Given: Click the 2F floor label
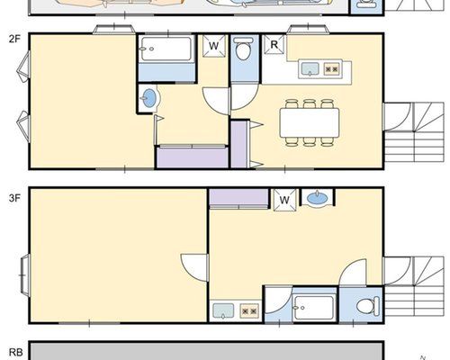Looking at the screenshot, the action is click(14, 39).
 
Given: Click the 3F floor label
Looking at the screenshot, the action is click(14, 198).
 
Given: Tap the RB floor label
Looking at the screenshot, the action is click(16, 352).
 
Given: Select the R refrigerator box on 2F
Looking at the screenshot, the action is click(274, 45).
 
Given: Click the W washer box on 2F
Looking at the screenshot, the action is click(213, 46).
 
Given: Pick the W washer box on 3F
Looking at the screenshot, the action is click(284, 200).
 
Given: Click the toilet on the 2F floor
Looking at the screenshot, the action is click(243, 49).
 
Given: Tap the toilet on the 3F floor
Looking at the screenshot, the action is click(368, 306).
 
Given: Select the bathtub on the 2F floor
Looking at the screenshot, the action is click(166, 49).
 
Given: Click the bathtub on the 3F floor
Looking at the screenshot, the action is click(314, 308).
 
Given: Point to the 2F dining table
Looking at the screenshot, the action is click(310, 123).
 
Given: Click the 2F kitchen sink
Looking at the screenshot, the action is click(310, 69).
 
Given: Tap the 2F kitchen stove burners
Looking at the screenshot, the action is click(332, 69).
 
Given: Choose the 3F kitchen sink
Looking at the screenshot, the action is click(223, 310).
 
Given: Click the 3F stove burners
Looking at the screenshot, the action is click(249, 311).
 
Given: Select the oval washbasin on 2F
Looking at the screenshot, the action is click(149, 98).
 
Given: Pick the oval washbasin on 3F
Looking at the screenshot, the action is click(318, 199).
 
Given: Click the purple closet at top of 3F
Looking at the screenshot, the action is click(238, 198).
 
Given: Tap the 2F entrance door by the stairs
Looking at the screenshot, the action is click(397, 117).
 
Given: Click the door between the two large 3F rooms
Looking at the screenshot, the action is click(194, 267).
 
